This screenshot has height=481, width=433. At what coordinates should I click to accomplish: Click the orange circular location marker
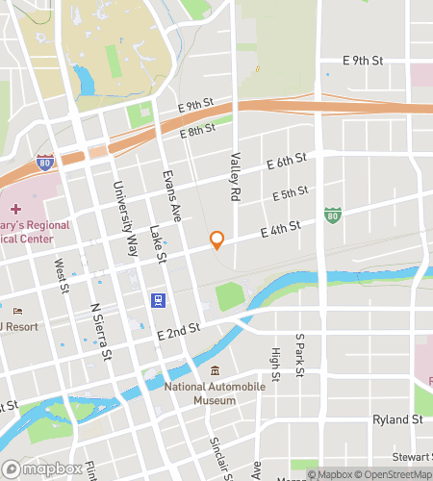217,240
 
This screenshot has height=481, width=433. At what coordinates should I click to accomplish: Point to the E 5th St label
290,193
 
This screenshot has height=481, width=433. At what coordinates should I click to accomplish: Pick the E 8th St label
196,129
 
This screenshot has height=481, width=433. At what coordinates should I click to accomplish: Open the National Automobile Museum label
213,393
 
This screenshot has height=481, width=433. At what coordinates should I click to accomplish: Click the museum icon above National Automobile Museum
215,371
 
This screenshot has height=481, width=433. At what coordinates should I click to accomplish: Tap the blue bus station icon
158,299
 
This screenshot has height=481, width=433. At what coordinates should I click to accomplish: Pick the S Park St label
300,354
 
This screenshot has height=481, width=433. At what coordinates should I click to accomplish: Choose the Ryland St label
397,419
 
